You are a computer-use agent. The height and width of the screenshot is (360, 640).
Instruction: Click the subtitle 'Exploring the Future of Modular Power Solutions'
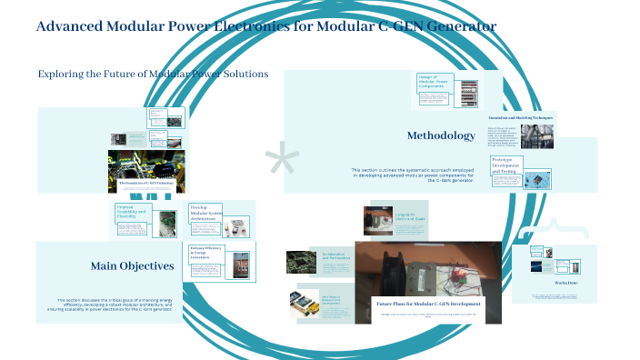click(x=153, y=74)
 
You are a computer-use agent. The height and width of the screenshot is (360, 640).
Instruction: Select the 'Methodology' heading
click(x=441, y=136)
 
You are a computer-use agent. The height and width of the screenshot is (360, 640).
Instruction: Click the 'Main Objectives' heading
click(x=132, y=266)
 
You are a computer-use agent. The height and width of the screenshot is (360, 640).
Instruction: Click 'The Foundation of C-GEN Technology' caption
click(x=145, y=183)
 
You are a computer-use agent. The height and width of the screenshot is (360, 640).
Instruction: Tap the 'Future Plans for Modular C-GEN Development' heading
click(x=427, y=302)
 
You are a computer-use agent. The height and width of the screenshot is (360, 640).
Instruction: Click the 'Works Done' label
click(x=554, y=283)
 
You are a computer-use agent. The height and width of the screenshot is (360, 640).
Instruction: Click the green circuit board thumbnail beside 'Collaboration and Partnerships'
click(x=300, y=262)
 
